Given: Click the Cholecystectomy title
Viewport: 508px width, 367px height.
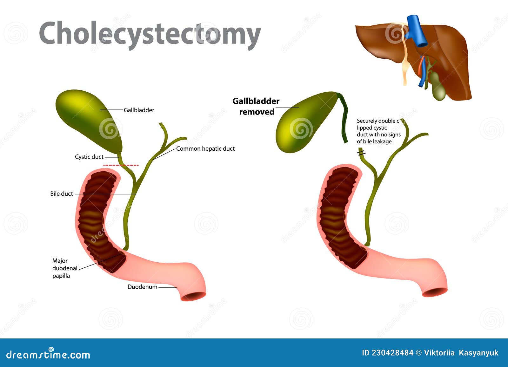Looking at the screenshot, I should coord(150,34).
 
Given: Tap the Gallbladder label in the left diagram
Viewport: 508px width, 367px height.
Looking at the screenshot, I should coord(139,110).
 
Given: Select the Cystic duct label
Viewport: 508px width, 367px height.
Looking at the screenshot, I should coord(89,157).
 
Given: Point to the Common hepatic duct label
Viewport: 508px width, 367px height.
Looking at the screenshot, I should coord(205,148).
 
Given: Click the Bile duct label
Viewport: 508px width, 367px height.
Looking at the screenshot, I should coord(62,193).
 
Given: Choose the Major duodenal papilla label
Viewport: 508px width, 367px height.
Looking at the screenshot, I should coord(65,268).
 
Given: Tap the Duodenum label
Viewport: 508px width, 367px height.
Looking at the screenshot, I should coord(142,287).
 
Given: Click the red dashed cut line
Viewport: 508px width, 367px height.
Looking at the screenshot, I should coord(121,165).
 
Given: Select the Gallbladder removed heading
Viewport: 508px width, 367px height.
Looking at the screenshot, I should coord(256,106).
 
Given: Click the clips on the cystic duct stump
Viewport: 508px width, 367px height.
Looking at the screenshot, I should coord(361,154).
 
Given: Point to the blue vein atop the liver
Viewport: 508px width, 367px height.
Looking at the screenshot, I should coord(416,30).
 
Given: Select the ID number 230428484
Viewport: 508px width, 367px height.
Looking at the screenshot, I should coord(387,353).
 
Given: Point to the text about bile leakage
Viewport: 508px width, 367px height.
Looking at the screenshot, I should coord(378,131).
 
